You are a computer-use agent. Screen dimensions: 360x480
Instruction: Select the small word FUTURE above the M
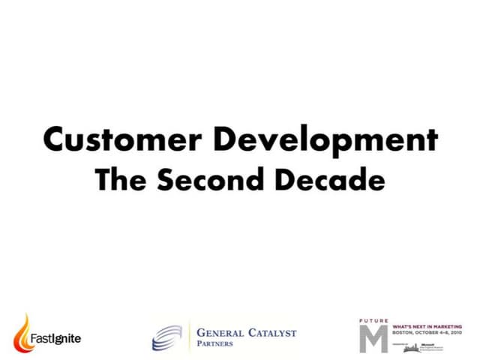click(373, 320)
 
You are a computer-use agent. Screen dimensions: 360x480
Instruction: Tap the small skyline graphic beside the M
click(411, 348)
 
